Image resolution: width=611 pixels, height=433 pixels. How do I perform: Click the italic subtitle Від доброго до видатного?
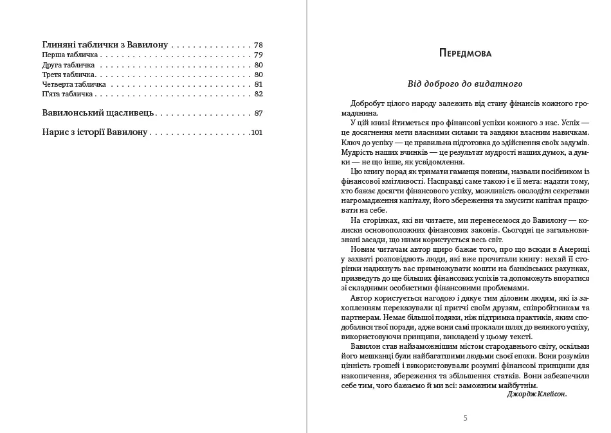coord(464,84)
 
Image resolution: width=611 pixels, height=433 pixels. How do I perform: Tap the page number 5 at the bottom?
coord(465,418)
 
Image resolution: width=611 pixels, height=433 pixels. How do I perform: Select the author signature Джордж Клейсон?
coord(537,394)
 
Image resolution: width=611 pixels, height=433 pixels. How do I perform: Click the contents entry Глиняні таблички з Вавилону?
coord(105,45)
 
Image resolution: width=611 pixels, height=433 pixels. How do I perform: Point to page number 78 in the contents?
coord(259,45)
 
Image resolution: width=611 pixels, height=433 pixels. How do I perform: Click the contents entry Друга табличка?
coord(68,65)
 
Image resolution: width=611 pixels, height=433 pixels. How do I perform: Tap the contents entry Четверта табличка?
coord(74,84)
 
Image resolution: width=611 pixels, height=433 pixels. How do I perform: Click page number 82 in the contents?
coord(259,94)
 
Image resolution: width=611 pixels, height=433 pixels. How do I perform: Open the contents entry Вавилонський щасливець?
coord(98,113)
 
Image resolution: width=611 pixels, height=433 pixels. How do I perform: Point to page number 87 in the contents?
coord(259,113)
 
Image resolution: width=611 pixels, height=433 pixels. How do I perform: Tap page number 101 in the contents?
coord(257,133)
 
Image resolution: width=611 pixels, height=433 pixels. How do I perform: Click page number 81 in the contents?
coord(259,84)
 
